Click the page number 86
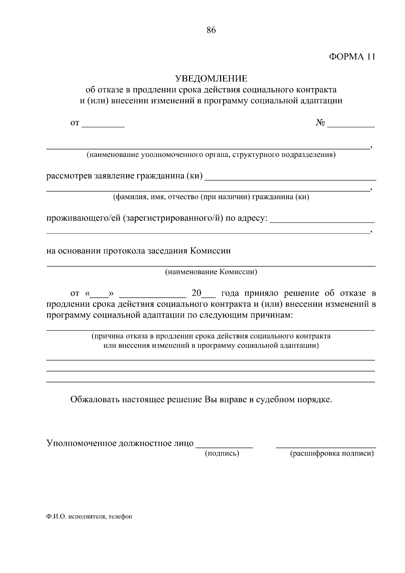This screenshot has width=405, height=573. tap(211, 30)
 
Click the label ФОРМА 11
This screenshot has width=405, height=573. tap(352, 56)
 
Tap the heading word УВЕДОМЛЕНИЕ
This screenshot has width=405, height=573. tap(211, 79)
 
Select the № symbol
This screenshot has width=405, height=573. tap(320, 123)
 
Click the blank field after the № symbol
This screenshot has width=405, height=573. tap(351, 124)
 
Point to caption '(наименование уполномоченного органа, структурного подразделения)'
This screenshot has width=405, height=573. tap(211, 155)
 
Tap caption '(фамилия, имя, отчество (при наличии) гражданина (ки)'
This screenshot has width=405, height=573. tap(211, 197)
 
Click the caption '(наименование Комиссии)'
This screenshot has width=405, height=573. tap(211, 272)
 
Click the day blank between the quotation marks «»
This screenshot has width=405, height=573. tap(100, 294)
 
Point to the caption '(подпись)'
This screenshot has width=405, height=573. tap(222, 454)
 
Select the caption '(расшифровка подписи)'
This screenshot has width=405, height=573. tap(332, 454)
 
